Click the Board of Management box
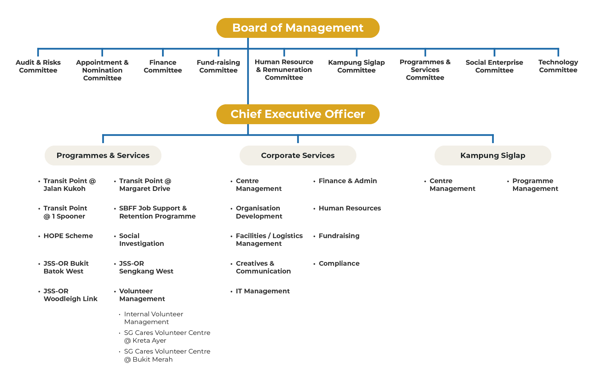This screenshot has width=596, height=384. pos(298,28)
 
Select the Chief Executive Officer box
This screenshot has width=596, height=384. pos(298,114)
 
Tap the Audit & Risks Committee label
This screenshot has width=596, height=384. pos(38,66)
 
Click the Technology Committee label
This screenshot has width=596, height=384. pos(558,66)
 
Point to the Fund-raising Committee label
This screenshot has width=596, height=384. pos(218,66)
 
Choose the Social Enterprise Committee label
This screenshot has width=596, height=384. pos(494,66)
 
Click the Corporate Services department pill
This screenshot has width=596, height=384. pos(298,155)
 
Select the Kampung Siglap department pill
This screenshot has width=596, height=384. pos(493,155)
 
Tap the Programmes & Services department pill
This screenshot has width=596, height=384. pos(103,155)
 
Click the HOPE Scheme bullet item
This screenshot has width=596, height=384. pos(68,236)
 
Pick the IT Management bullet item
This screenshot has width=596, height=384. pos(263,291)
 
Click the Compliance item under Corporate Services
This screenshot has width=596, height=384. pos(339,263)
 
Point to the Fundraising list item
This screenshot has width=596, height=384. pos(339,236)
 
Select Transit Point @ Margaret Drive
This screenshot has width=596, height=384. pos(145,185)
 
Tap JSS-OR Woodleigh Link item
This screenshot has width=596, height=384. pos(70,295)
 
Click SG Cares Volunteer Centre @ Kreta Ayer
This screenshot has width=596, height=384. pos(167,337)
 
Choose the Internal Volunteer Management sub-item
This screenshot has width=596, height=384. pos(153,318)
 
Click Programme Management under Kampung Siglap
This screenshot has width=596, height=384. pos(535,185)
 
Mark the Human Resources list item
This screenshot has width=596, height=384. pos(350,208)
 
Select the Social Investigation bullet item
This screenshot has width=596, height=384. pos(141,240)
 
